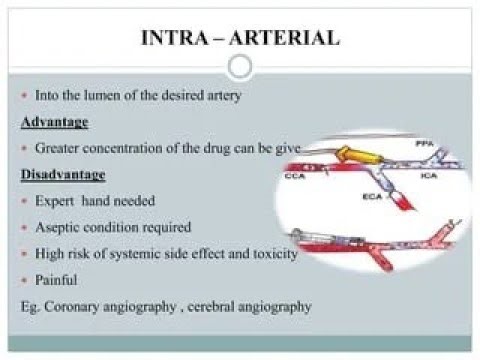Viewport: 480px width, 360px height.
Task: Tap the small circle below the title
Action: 239,67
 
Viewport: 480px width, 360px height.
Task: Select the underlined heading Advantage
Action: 55,121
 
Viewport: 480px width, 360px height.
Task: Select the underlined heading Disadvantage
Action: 62,174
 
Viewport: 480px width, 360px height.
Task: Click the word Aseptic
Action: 57,228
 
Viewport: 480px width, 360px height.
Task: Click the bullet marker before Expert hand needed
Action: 24,201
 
